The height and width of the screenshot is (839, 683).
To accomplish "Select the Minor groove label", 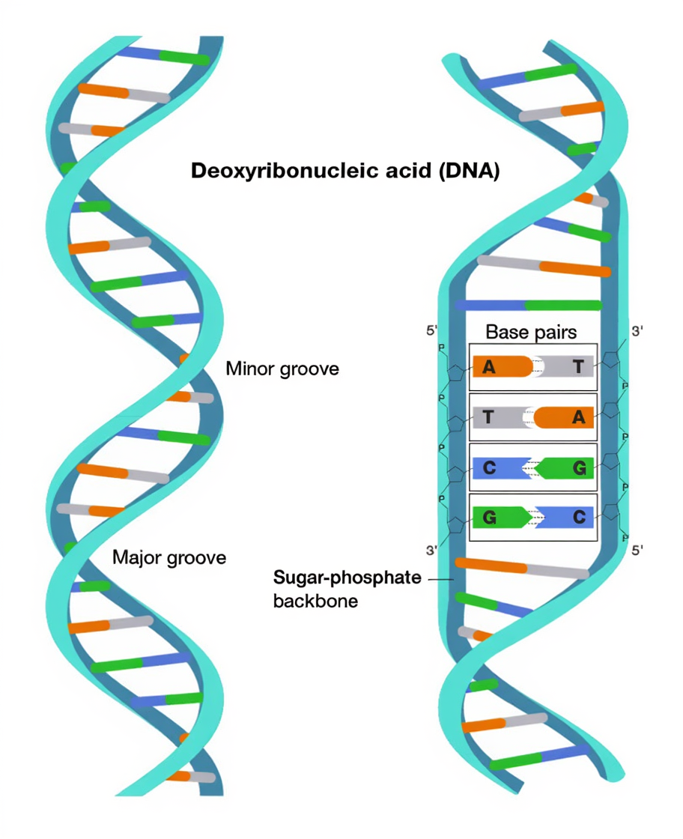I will [x=282, y=369].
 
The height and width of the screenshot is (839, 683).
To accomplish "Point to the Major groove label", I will [x=169, y=557].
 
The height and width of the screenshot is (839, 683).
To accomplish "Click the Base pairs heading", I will [x=531, y=331].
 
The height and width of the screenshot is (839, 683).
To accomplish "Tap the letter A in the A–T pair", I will [x=488, y=367].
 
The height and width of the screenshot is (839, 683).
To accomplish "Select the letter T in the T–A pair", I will [x=488, y=417].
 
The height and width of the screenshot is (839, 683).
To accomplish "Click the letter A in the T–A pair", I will [x=578, y=417].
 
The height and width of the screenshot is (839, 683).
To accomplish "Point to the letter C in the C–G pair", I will [x=488, y=468].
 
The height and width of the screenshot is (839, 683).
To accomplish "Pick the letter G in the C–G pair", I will [x=578, y=468].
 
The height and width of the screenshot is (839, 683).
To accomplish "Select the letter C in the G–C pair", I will [x=578, y=517].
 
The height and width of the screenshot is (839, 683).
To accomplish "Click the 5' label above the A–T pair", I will [x=431, y=330].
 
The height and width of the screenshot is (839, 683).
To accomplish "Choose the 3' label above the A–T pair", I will [x=636, y=330].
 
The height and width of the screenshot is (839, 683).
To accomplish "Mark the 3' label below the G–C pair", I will [x=431, y=551].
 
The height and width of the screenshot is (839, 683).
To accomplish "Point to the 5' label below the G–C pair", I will [x=637, y=551].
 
